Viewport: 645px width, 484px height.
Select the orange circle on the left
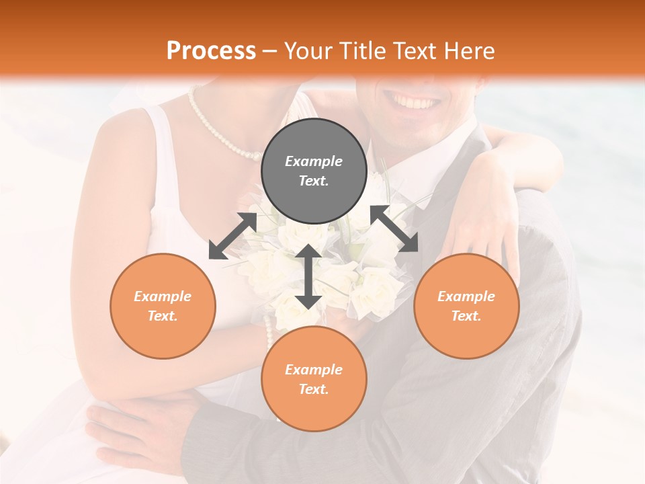163,306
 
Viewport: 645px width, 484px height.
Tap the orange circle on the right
466,306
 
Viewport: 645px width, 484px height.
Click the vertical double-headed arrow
308,276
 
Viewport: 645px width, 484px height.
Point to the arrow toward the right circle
394,229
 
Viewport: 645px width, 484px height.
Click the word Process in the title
211,50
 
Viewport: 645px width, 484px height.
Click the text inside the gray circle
314,171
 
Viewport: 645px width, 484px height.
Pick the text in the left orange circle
163,306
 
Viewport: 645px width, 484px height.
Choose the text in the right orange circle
466,306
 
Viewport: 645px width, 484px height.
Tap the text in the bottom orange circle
314,379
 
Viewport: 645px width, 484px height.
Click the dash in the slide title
270,51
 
